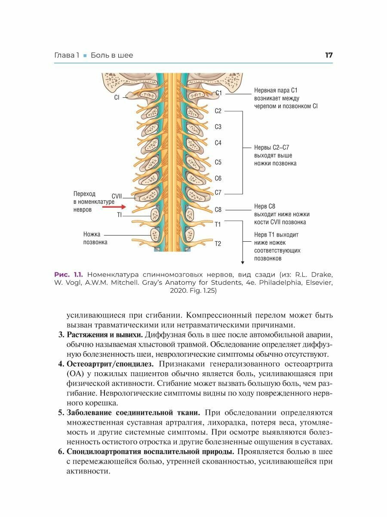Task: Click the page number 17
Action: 329,55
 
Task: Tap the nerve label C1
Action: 218,93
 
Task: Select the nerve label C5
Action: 218,162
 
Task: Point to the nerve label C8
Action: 218,210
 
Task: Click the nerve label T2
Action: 218,244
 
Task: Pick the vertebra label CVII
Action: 117,196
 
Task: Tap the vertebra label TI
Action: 119,215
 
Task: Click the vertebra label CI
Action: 117,98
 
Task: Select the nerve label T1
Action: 218,224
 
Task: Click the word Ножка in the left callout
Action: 92,234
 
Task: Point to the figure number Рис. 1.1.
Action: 69,274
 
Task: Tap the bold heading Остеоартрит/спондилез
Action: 110,364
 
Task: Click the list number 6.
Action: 61,452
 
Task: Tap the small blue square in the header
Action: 85,56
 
